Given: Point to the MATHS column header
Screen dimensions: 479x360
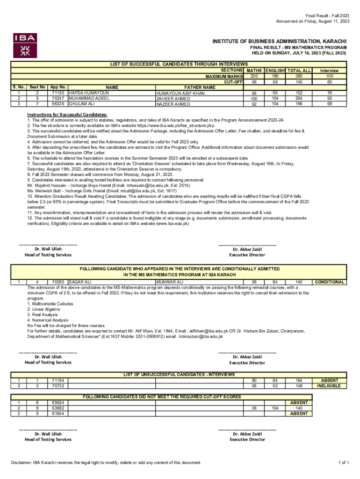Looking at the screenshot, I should [x=254, y=71].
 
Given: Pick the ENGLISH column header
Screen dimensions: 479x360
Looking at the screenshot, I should [x=274, y=71].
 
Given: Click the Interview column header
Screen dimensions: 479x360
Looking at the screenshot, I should [x=330, y=71].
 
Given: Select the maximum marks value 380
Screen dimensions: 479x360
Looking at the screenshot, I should [x=299, y=76].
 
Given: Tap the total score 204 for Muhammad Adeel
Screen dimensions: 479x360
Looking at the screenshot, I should [x=299, y=99].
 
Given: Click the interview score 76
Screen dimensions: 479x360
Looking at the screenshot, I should [x=330, y=93].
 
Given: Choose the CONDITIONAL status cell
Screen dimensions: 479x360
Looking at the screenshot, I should [x=330, y=282].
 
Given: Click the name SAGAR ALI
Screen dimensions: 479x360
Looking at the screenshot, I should [x=80, y=282].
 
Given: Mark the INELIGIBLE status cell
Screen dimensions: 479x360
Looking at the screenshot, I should [x=330, y=386].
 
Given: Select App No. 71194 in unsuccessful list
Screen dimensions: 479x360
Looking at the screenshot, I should [x=58, y=381].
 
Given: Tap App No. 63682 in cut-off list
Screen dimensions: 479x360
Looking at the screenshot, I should [x=58, y=408].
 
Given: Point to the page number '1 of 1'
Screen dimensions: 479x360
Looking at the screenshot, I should [x=344, y=463].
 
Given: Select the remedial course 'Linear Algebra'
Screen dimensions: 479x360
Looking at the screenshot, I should [x=43, y=309].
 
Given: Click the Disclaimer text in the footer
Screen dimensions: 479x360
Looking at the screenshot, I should [x=106, y=463].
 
